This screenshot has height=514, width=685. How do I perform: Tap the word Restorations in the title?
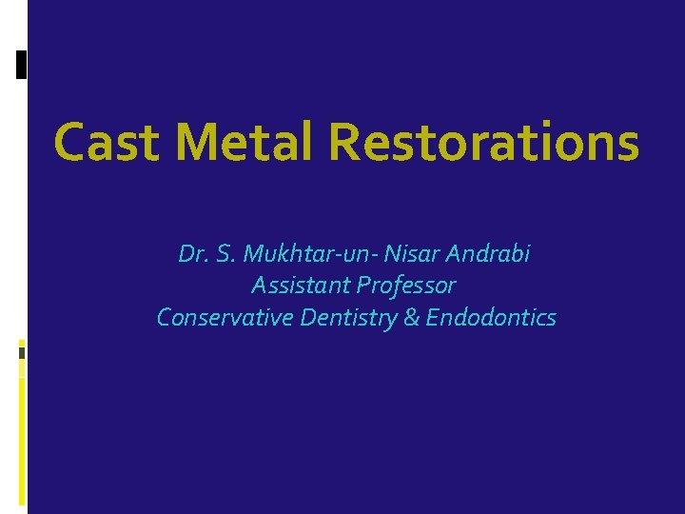(483, 142)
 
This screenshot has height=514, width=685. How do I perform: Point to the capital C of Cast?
(70, 142)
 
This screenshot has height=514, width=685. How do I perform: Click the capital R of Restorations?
(344, 142)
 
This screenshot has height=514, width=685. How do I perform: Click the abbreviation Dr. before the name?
(193, 255)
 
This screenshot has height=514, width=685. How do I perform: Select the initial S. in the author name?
(225, 255)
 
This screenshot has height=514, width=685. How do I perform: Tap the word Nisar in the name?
(410, 255)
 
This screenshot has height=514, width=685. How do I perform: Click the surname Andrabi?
(488, 255)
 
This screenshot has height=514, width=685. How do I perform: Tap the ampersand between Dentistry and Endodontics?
(411, 317)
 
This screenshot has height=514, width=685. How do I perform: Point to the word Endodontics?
(490, 317)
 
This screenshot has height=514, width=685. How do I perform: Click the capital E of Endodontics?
(432, 317)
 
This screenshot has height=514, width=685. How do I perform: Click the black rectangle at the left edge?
(21, 64)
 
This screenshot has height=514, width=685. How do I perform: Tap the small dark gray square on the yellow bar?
(21, 352)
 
